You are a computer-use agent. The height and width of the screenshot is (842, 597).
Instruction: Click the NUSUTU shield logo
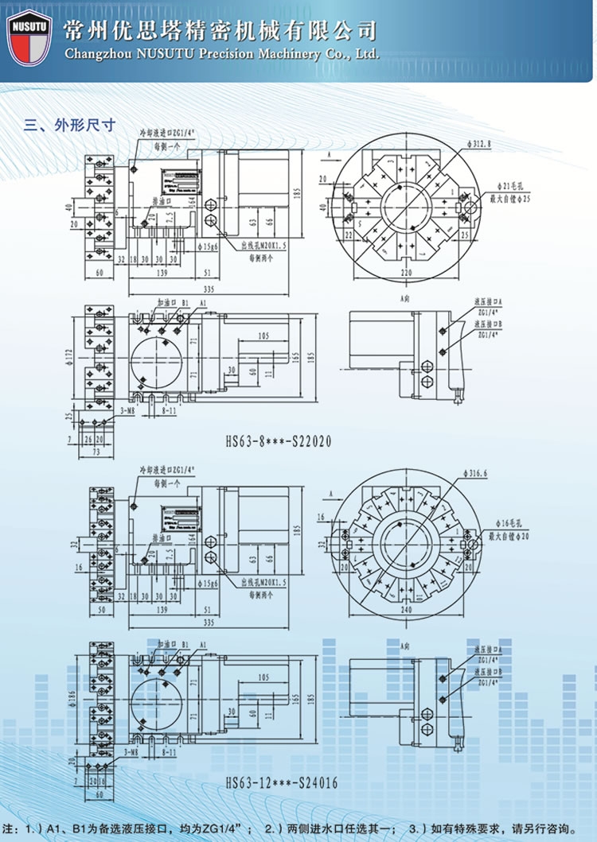pyautogui.click(x=29, y=37)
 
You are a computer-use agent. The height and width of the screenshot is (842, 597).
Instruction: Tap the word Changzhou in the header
pyautogui.click(x=92, y=54)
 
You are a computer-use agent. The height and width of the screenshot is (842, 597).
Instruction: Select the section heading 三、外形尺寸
pyautogui.click(x=71, y=125)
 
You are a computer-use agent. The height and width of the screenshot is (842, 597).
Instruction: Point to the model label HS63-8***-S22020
pyautogui.click(x=278, y=440)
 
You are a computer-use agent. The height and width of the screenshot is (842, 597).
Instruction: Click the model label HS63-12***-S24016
pyautogui.click(x=283, y=783)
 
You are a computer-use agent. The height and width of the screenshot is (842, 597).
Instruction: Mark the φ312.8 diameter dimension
pyautogui.click(x=482, y=145)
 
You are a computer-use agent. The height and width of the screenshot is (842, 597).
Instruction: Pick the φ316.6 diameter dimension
pyautogui.click(x=478, y=473)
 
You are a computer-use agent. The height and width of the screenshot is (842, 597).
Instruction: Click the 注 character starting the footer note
pyautogui.click(x=10, y=825)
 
